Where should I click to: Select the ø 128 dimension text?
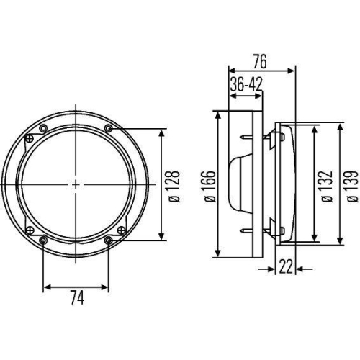172,184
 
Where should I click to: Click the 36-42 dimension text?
246,85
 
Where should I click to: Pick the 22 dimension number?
285,267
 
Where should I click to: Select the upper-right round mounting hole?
108,129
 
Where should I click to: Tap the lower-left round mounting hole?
44,240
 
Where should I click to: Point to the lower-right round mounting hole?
108,240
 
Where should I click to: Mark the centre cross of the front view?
76,184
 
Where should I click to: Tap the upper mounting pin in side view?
249,137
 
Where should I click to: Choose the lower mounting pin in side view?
249,231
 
